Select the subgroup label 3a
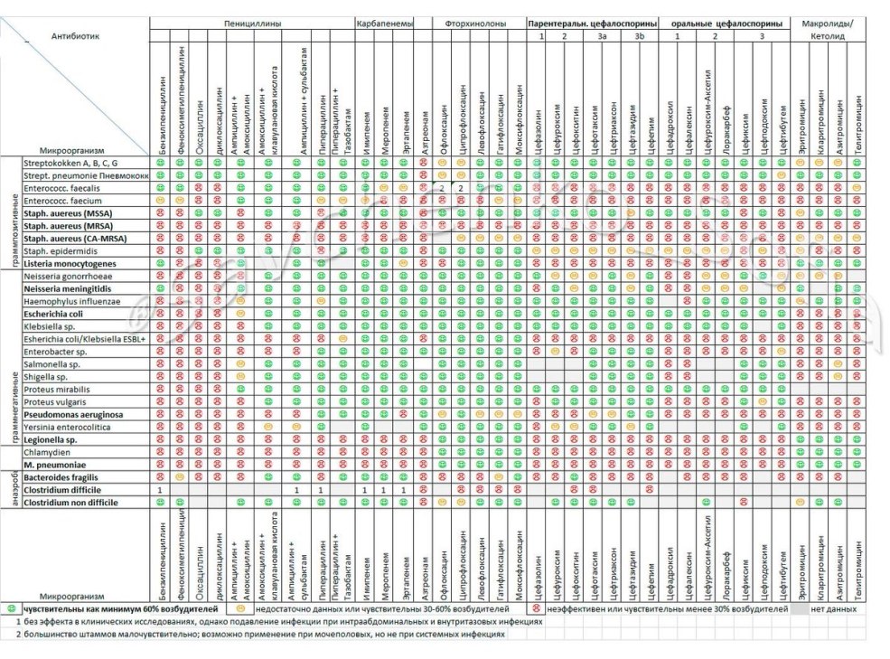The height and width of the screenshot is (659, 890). [602, 35]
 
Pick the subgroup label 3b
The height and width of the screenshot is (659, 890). [639, 35]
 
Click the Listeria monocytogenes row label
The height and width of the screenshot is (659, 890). [70, 263]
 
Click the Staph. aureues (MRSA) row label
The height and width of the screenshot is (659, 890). [67, 225]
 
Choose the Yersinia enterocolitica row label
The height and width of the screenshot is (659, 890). [69, 426]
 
